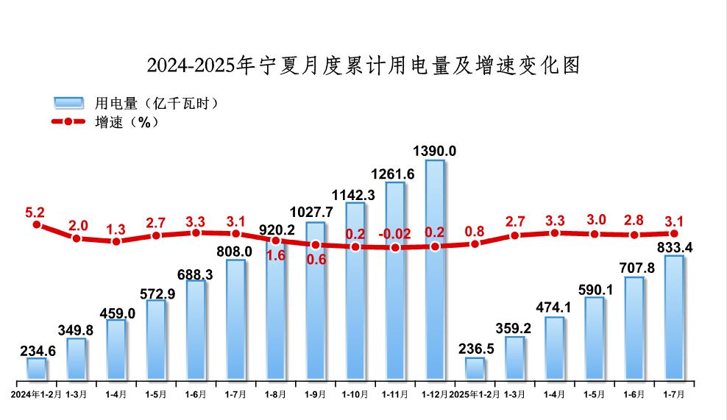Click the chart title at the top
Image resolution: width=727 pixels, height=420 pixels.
[x=363, y=65]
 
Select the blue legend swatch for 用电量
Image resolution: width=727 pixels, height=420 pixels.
[x=70, y=103]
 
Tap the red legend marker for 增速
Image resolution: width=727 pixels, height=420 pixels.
[x=69, y=121]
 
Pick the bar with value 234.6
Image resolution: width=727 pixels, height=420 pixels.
[x=37, y=369]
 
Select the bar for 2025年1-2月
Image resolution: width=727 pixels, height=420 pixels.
[x=475, y=369]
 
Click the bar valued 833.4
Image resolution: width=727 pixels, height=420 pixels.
[x=674, y=318]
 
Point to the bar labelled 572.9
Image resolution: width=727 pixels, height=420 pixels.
[x=156, y=340]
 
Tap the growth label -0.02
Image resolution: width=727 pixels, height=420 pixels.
[x=395, y=234]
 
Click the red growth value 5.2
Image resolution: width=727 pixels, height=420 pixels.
[x=35, y=213]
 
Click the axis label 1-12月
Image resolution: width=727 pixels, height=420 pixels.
[x=435, y=394]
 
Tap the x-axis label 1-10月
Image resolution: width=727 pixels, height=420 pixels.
[x=355, y=394]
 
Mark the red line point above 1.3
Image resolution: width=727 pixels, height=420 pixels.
[x=116, y=241]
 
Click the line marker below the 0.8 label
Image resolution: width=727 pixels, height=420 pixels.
[x=475, y=243]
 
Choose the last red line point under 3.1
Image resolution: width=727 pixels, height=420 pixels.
[x=674, y=234]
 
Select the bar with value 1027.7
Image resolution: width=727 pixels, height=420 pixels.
[x=316, y=301]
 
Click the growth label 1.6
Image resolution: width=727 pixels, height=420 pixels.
[x=277, y=256]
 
